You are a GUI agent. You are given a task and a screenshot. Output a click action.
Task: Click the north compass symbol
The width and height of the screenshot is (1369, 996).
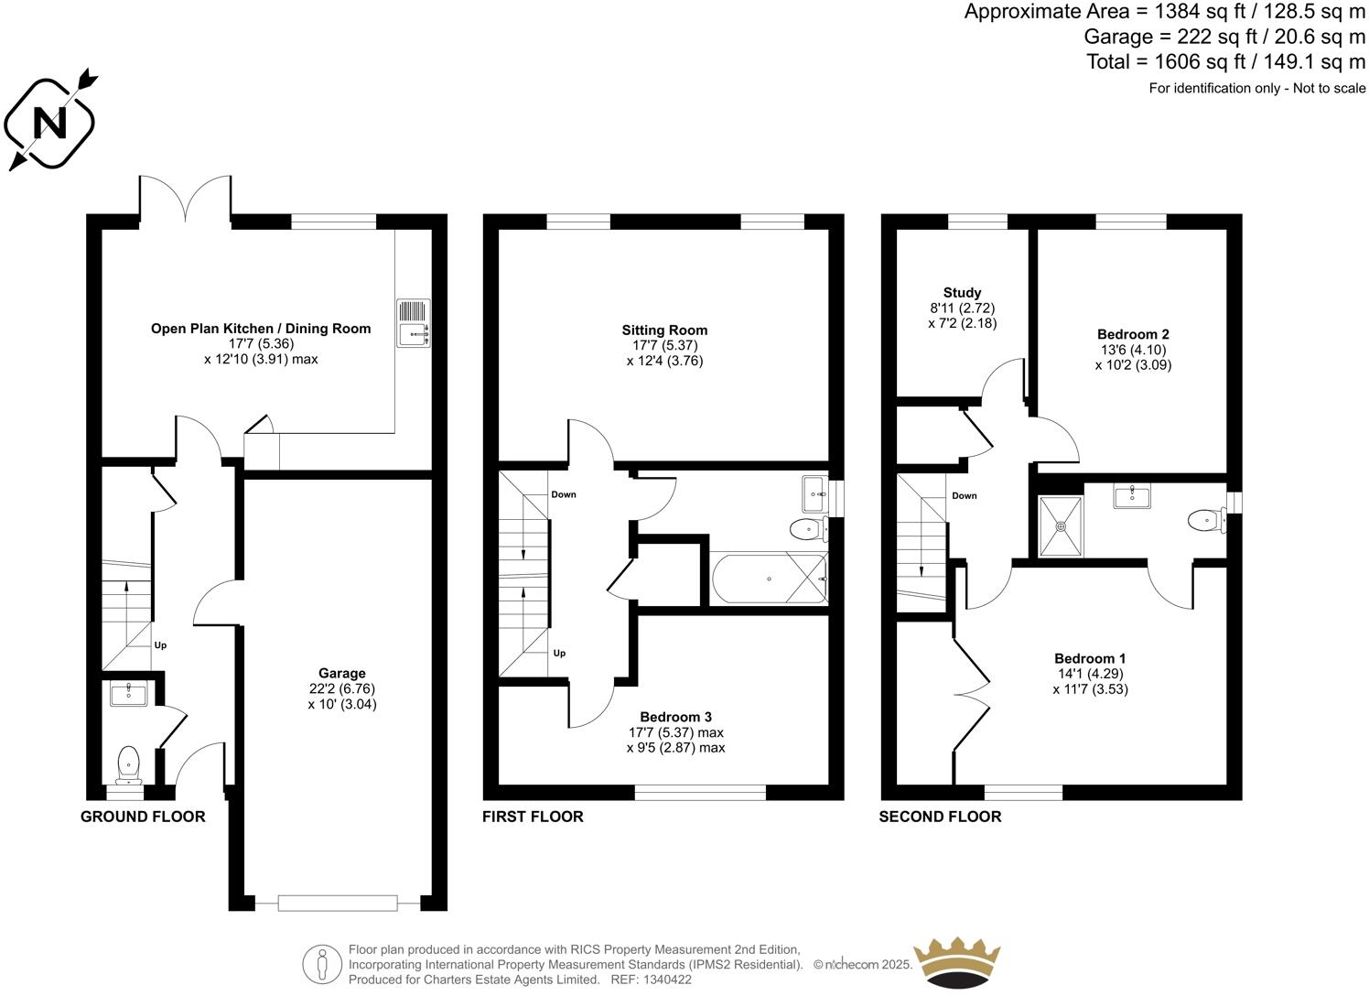[x=50, y=121]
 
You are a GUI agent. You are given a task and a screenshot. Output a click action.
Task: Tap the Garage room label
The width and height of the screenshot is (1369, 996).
[x=342, y=674]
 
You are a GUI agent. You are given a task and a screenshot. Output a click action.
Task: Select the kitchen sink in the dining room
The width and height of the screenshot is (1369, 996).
[x=414, y=323]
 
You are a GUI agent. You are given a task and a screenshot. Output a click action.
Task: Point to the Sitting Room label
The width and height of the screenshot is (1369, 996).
[x=664, y=330]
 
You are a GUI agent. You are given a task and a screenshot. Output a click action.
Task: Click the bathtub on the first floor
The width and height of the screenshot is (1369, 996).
[x=769, y=579]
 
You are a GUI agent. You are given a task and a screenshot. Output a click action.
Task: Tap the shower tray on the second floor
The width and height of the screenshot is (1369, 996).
[x=1061, y=526]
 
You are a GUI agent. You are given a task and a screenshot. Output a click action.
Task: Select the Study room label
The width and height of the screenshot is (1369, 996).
[x=962, y=293]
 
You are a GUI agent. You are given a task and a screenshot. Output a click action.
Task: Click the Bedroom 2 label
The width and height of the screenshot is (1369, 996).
[x=1133, y=334]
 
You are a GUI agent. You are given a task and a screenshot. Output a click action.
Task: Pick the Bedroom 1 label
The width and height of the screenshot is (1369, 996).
[x=1090, y=658]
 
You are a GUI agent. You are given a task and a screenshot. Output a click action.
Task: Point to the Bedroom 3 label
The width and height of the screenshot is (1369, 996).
[x=675, y=717]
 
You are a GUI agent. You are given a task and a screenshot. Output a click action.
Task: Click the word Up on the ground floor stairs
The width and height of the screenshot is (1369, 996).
[x=160, y=645]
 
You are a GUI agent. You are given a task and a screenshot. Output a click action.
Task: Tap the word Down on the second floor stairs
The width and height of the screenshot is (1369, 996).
[x=965, y=496]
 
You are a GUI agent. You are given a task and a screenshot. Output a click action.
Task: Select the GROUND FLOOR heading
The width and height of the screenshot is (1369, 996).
[x=143, y=817]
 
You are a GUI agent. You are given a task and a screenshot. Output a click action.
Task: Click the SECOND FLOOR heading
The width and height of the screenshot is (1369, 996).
[x=940, y=817]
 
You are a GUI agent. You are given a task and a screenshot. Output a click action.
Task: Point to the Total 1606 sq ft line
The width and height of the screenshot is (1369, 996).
[x=1225, y=61]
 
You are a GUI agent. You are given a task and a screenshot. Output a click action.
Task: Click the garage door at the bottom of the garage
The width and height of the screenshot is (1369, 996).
[x=338, y=903]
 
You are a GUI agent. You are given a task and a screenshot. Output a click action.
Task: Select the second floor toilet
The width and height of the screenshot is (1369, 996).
[x=1204, y=521]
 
